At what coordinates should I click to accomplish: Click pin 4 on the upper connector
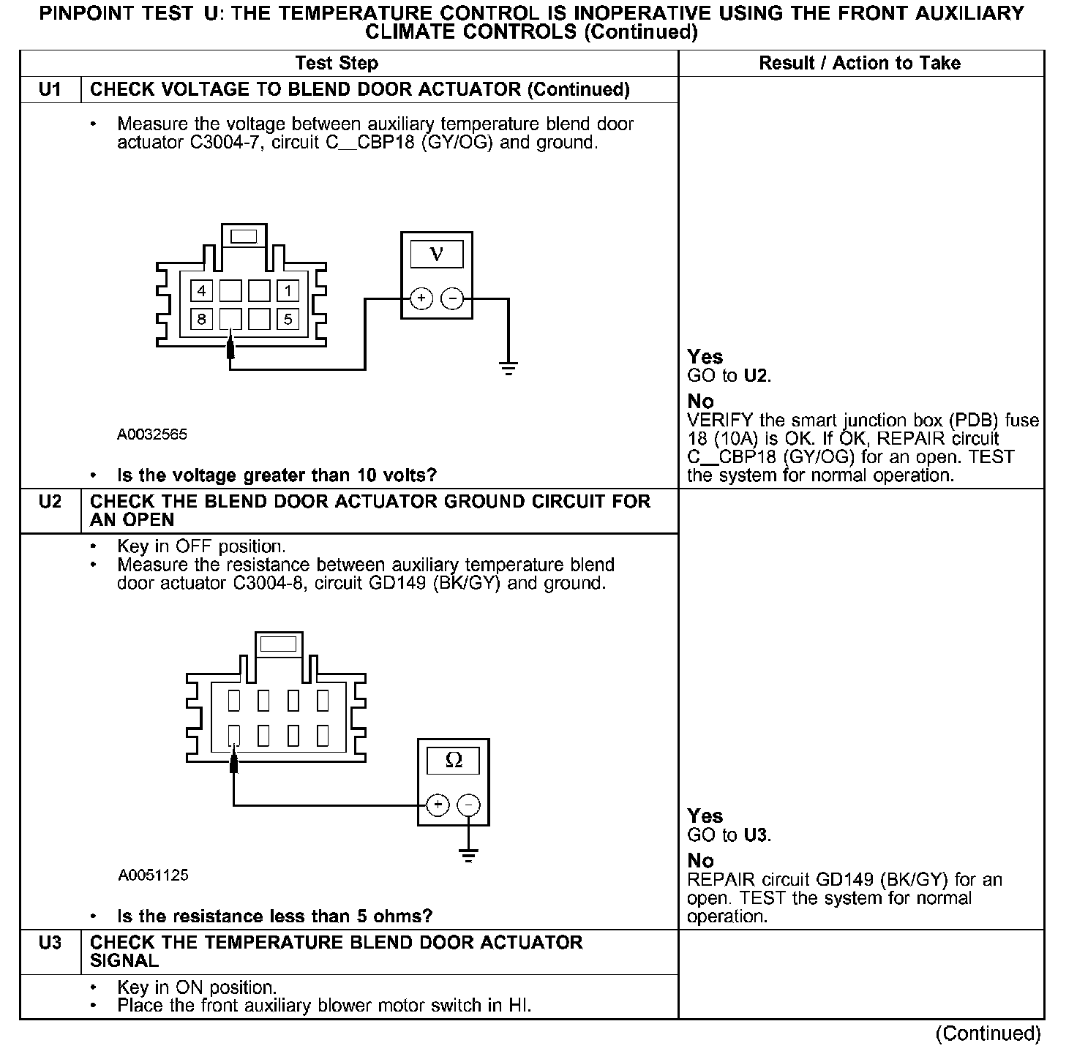201,291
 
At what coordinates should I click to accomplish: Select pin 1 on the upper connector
288,291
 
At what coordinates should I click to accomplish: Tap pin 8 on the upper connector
201,319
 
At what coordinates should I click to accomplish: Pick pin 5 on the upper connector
288,319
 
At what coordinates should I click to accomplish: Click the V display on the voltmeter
437,254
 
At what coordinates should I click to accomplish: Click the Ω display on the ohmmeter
454,761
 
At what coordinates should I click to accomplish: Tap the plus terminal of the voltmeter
421,298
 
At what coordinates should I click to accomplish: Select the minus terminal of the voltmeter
453,298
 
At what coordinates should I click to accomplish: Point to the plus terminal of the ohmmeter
438,805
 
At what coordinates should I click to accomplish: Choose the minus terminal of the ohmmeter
469,805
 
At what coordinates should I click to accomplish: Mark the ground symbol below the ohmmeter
469,854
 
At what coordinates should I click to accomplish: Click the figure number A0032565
152,434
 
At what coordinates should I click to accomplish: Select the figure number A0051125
153,875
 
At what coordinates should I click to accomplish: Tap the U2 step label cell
50,502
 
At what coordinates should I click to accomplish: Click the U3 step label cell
50,943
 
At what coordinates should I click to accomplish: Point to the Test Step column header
337,63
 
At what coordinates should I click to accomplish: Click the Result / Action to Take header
860,63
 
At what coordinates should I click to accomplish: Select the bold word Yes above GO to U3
705,816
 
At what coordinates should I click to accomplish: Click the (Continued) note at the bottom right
988,1033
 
